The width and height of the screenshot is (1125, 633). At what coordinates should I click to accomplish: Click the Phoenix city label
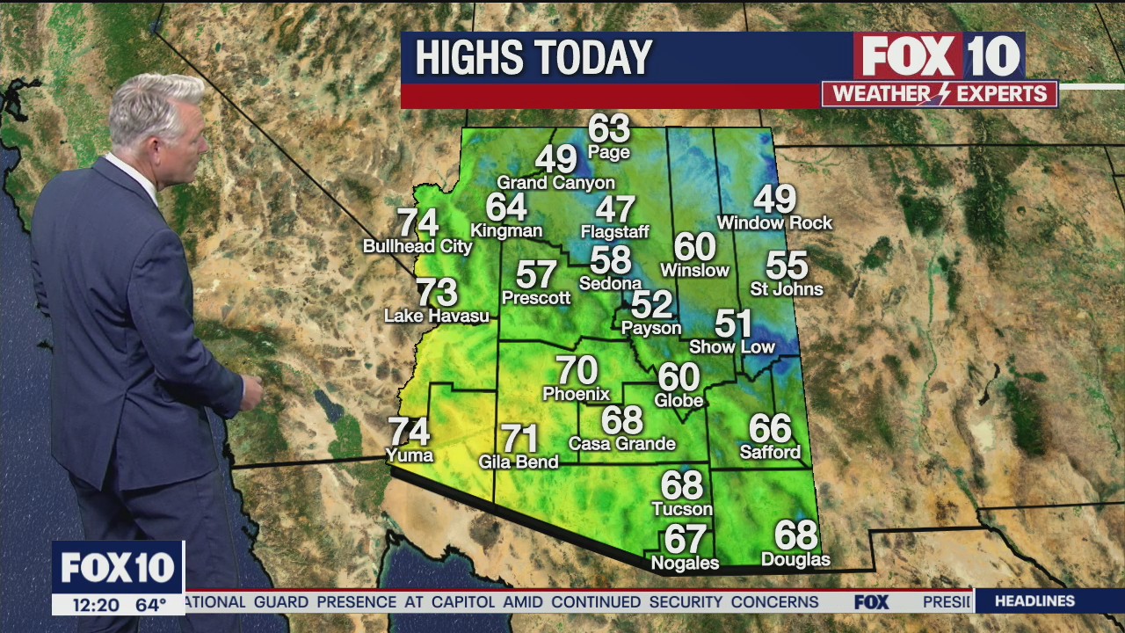pos(577,394)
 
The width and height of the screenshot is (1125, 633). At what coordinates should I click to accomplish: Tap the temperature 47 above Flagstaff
pos(615,210)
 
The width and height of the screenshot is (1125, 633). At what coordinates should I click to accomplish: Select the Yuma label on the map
pos(410,455)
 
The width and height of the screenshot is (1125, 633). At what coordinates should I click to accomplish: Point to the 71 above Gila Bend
pos(519,438)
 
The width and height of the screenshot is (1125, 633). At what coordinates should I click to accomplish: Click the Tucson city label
pos(682,509)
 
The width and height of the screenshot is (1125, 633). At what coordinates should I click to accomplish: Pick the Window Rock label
pos(774,223)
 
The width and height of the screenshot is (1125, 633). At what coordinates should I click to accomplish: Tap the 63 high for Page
pos(609,129)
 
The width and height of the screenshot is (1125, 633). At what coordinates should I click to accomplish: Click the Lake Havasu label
pos(437,316)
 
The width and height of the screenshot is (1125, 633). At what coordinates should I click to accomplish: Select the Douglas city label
pos(795,559)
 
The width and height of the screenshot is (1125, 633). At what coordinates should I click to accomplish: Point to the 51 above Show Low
pos(733,324)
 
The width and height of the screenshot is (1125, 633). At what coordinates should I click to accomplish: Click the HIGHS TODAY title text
pos(533,58)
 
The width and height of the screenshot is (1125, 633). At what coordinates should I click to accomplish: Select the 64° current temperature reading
pos(150,605)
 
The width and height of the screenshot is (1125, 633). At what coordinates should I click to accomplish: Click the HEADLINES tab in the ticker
pos(1034,601)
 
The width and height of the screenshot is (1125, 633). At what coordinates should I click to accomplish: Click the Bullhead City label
pos(417,247)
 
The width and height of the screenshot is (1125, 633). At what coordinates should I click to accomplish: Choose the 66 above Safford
pos(770,429)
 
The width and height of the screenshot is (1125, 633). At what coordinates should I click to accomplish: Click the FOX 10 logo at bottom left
pos(118,568)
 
